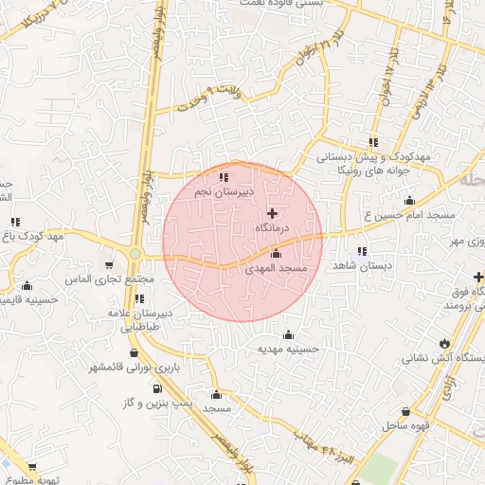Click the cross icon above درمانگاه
[x=274, y=214]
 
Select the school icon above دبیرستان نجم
[x=223, y=176]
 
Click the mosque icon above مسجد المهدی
[x=276, y=254]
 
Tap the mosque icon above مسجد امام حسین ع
[x=409, y=200]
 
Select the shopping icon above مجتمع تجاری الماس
[x=110, y=265]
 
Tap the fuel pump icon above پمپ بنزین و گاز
[x=156, y=388]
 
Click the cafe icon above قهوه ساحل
[x=406, y=412]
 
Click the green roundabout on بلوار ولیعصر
[x=135, y=254]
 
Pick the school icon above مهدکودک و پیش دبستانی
[x=373, y=141]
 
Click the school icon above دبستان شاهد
[x=363, y=251]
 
